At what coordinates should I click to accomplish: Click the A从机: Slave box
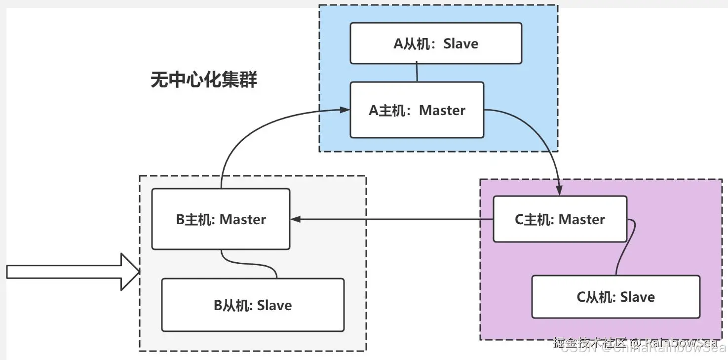(x=436, y=43)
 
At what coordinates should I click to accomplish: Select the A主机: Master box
(x=417, y=110)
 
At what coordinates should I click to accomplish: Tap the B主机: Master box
(x=221, y=219)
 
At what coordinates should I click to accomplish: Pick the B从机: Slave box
(x=253, y=305)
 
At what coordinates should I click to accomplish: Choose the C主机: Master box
(x=560, y=219)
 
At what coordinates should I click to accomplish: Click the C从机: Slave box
(x=615, y=297)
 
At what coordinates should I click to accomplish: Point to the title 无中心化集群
(x=204, y=79)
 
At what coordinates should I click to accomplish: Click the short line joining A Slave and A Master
(x=417, y=73)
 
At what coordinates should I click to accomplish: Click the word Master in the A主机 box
(x=442, y=110)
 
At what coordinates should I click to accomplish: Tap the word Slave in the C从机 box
(x=637, y=297)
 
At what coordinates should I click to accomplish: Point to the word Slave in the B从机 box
(x=274, y=305)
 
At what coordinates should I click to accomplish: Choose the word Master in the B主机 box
(x=242, y=219)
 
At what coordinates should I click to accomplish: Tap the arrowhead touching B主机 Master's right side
(x=295, y=219)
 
